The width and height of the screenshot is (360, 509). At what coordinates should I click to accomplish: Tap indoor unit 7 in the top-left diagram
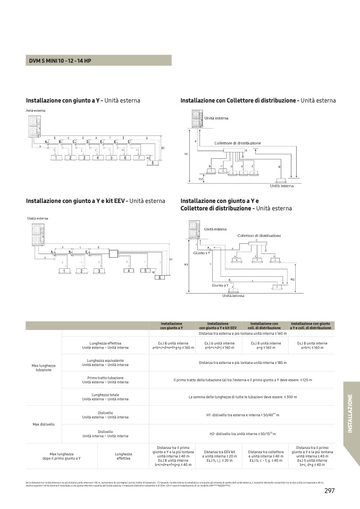[138, 158]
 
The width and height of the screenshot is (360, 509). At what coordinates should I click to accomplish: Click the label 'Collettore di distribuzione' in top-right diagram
[237, 143]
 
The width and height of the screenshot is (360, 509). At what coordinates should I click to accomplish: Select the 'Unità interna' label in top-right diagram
[281, 186]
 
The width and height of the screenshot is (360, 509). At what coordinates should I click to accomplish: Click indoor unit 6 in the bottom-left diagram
[158, 277]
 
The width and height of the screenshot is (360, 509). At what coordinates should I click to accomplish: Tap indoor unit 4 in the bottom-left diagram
[128, 271]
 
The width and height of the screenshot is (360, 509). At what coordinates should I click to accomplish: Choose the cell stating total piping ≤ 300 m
[242, 397]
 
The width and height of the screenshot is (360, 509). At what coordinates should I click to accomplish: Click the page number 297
[329, 490]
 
